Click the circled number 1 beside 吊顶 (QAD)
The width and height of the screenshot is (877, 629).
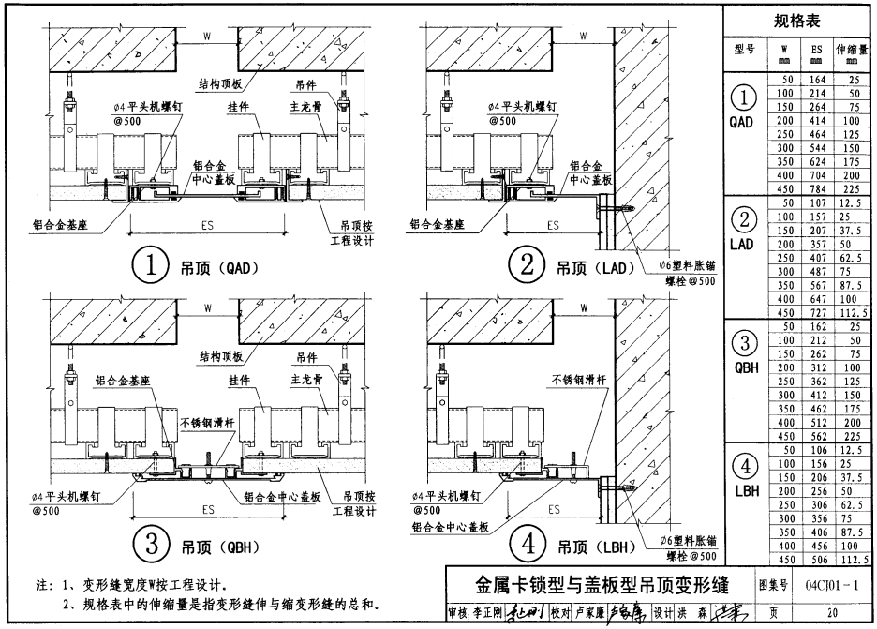[x=151, y=266]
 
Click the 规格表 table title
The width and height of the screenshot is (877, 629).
[x=797, y=21]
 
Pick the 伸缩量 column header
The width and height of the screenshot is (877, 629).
[x=852, y=52]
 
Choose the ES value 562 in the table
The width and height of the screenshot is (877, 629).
[x=816, y=435]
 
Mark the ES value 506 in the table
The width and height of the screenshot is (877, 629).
[x=816, y=560]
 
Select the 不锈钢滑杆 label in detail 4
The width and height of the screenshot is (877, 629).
[x=575, y=379]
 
